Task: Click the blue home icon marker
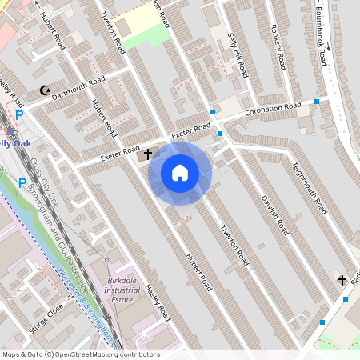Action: (180, 172)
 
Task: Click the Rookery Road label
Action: (278, 47)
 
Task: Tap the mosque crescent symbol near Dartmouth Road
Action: (45, 92)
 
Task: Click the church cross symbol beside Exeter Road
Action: (148, 151)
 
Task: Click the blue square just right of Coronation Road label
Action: (318, 102)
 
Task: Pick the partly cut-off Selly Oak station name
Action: (16, 142)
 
